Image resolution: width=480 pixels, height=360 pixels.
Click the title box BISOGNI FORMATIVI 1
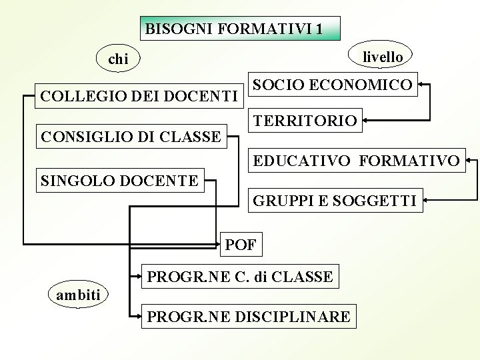click(241, 29)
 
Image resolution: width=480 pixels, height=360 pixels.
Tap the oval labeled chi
click(118, 59)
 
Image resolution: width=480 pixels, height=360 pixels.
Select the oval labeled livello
click(382, 57)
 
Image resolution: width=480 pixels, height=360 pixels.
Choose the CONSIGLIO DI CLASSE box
click(131, 137)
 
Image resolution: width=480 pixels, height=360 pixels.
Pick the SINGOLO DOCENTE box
click(120, 180)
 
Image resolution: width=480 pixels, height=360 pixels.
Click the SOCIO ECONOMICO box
click(333, 85)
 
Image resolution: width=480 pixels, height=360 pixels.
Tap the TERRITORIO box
click(305, 121)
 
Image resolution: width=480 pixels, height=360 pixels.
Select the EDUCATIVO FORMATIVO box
click(356, 161)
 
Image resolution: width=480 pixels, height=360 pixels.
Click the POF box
click(241, 245)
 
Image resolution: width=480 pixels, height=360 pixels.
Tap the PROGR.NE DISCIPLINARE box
click(248, 317)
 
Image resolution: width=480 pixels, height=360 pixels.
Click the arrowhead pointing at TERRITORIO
click(367, 121)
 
